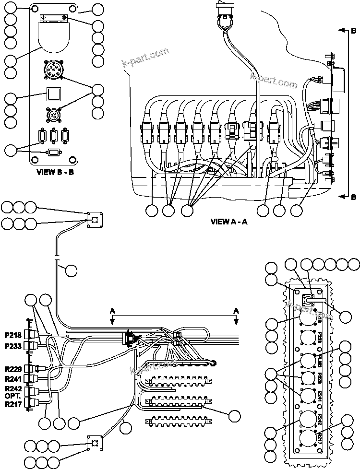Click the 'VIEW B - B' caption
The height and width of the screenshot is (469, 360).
coord(55,172)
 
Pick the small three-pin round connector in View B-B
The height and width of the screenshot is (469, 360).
coord(53,116)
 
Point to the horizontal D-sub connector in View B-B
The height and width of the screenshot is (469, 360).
coord(53,152)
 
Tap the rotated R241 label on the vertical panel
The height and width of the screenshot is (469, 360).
coord(319,396)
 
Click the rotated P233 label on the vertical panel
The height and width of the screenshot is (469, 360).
coord(319,339)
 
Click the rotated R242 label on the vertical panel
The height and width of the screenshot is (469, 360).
coord(319,417)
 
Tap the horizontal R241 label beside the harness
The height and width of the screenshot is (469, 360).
coord(14,378)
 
